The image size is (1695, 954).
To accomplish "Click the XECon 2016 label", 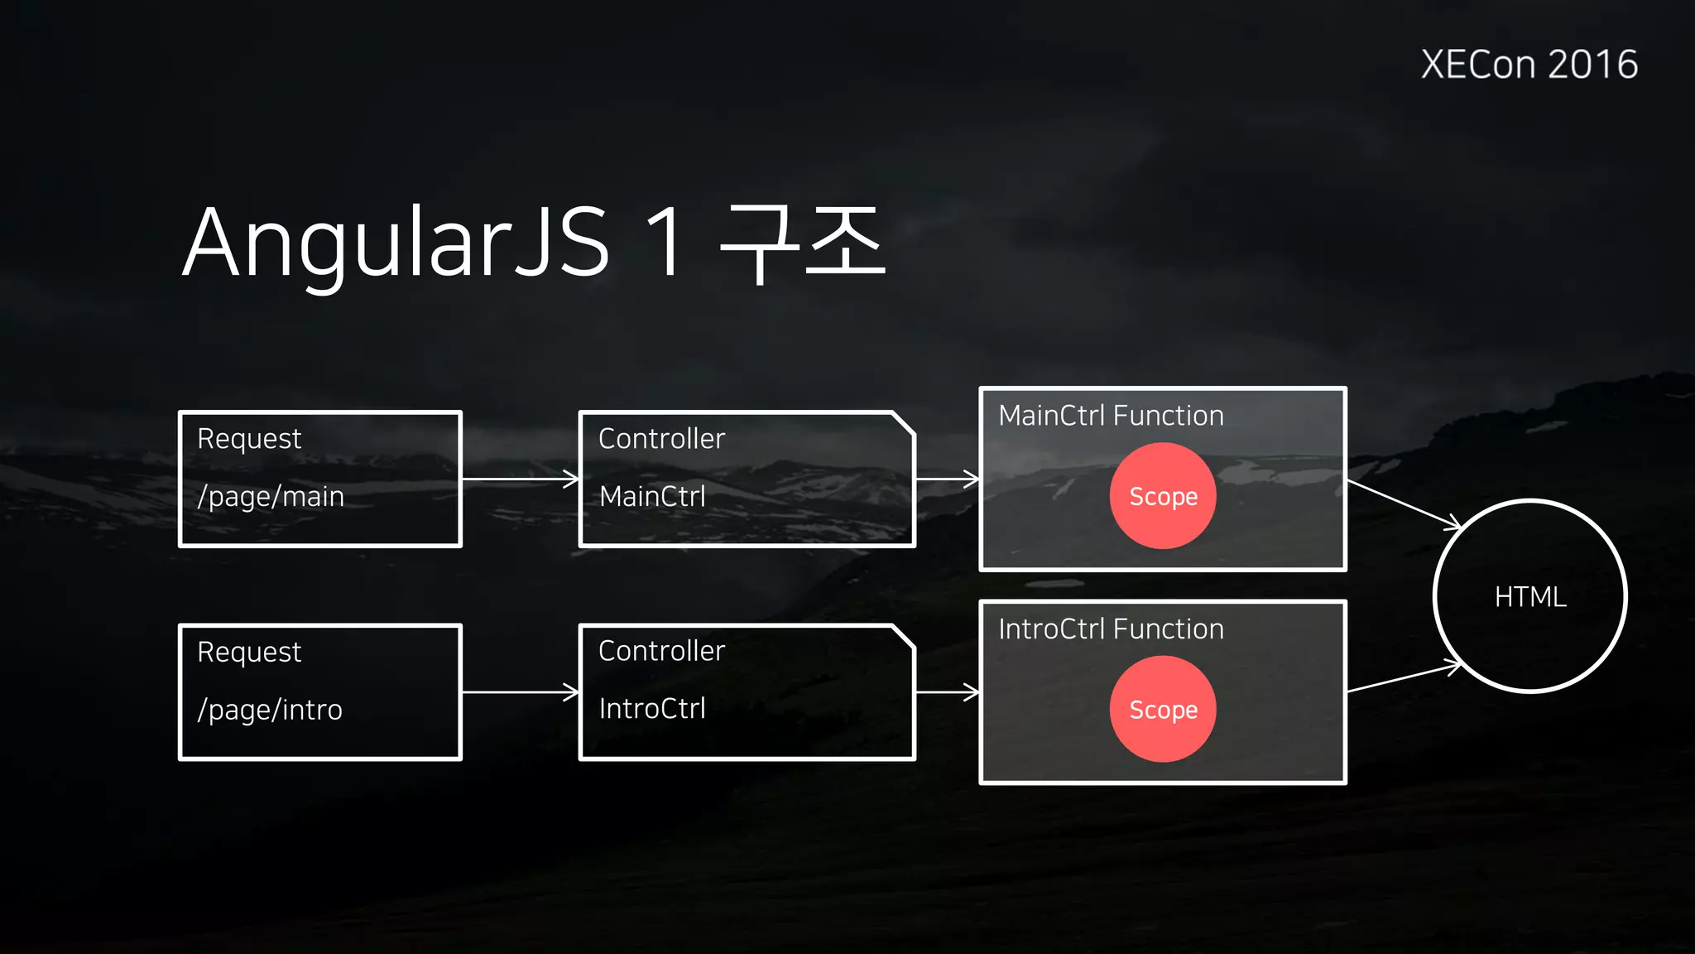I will (1529, 65).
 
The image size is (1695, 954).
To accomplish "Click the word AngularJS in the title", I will (396, 243).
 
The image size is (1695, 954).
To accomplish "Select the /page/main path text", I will (271, 497).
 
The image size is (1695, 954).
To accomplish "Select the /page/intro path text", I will (270, 710).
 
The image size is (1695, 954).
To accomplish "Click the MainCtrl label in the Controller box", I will (652, 497).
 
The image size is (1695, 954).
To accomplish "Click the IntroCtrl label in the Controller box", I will (652, 709).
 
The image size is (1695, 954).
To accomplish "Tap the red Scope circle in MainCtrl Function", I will (1163, 496).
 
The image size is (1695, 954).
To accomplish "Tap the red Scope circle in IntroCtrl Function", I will (1163, 709).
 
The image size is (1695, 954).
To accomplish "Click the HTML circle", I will (1530, 596).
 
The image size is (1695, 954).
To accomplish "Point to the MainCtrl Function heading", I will (1111, 416).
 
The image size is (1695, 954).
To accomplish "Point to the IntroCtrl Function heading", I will (1111, 629).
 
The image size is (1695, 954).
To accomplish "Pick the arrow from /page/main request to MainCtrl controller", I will (520, 479).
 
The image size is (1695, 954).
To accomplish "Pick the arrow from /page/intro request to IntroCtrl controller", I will (520, 691).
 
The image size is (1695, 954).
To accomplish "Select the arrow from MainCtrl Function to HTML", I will (1404, 503).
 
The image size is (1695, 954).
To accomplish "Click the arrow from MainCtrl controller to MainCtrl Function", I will (947, 479).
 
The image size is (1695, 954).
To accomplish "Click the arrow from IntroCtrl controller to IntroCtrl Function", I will (947, 691).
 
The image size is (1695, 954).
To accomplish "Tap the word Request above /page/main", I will (249, 439).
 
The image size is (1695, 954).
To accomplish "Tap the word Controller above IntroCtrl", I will (661, 651).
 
